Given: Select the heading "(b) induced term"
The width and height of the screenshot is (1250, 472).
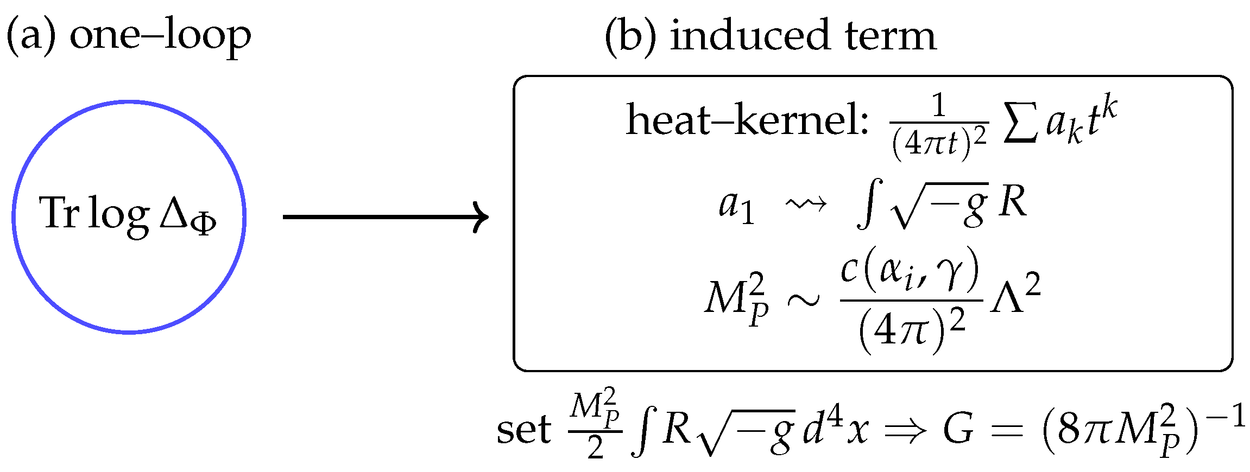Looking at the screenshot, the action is tap(771, 36).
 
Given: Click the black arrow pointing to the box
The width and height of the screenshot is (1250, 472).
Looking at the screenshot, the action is tap(386, 217).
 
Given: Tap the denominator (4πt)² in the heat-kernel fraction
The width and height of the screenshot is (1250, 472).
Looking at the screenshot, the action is tap(939, 144).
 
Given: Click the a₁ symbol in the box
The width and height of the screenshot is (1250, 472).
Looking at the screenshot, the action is tap(736, 207).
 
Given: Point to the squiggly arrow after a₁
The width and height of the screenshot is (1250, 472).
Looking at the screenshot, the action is tap(806, 205).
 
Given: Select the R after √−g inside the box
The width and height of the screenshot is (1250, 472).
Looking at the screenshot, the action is tap(1013, 204).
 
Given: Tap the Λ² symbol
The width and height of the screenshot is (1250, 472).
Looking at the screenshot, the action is tap(1015, 297).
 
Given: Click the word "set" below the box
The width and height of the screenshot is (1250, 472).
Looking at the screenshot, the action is tap(523, 430).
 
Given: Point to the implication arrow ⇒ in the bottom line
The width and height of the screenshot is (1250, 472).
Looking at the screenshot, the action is tap(904, 431).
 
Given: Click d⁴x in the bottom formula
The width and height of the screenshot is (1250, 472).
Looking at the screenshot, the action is tap(836, 429).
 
